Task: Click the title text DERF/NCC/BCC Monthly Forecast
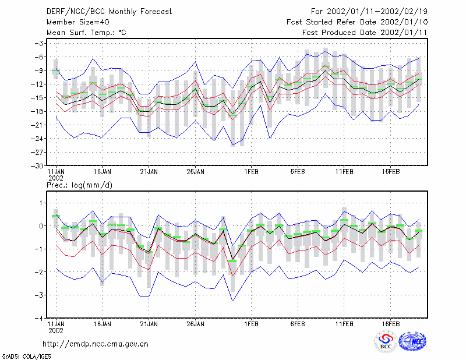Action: [109, 12]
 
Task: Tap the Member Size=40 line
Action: [78, 22]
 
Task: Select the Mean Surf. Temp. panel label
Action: [86, 33]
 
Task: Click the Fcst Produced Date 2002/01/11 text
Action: [365, 33]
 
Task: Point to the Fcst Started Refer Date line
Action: [357, 22]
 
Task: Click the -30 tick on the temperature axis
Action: [37, 166]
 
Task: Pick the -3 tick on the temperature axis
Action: [39, 44]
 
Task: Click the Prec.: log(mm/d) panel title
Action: [79, 185]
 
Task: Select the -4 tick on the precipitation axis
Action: [39, 319]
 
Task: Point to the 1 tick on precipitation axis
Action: [41, 203]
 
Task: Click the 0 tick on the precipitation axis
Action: [41, 226]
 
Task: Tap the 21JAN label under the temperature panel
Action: [149, 172]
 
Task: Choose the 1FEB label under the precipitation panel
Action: [252, 324]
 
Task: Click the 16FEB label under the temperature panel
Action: [390, 172]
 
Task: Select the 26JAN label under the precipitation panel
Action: [195, 324]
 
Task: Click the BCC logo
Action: [386, 341]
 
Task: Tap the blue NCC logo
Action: [412, 341]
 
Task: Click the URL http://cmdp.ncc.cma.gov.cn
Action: [96, 344]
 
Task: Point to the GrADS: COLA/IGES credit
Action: [26, 357]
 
